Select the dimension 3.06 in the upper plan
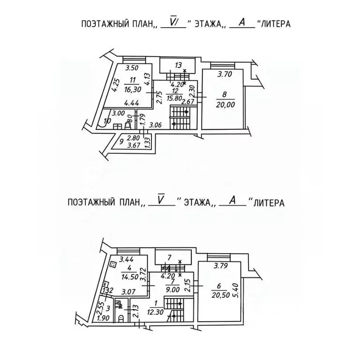point(156,125)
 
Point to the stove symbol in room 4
point(113,264)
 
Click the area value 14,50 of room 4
point(129,277)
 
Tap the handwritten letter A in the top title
point(242,22)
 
